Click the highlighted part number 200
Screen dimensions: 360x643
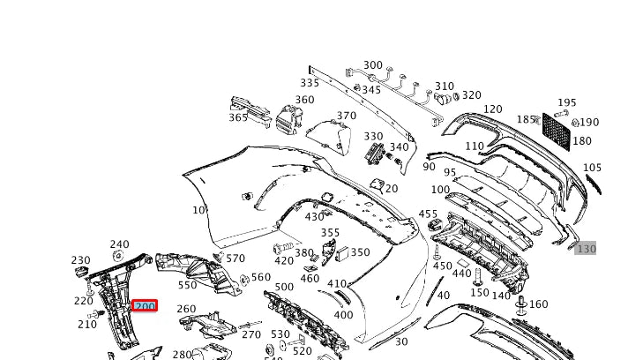point(144,306)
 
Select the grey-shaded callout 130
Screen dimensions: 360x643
point(587,250)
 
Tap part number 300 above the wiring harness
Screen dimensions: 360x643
point(373,65)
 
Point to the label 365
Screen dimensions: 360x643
point(238,117)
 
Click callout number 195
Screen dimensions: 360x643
point(566,103)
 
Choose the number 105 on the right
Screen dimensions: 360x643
point(592,168)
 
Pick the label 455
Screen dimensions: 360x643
point(428,214)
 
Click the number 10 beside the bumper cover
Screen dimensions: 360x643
point(198,210)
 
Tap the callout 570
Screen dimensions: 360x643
point(236,259)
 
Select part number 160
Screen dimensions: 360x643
point(538,304)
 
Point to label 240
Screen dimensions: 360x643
point(119,244)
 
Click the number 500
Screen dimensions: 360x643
point(284,288)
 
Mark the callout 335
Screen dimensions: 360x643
point(310,84)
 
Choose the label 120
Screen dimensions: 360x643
point(492,109)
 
